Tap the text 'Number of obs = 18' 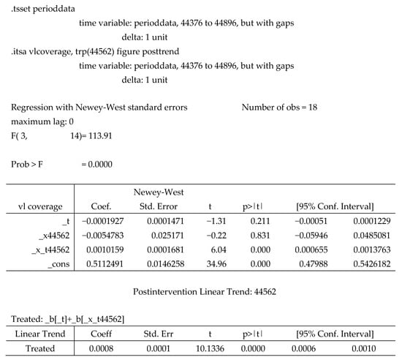click(284, 107)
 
